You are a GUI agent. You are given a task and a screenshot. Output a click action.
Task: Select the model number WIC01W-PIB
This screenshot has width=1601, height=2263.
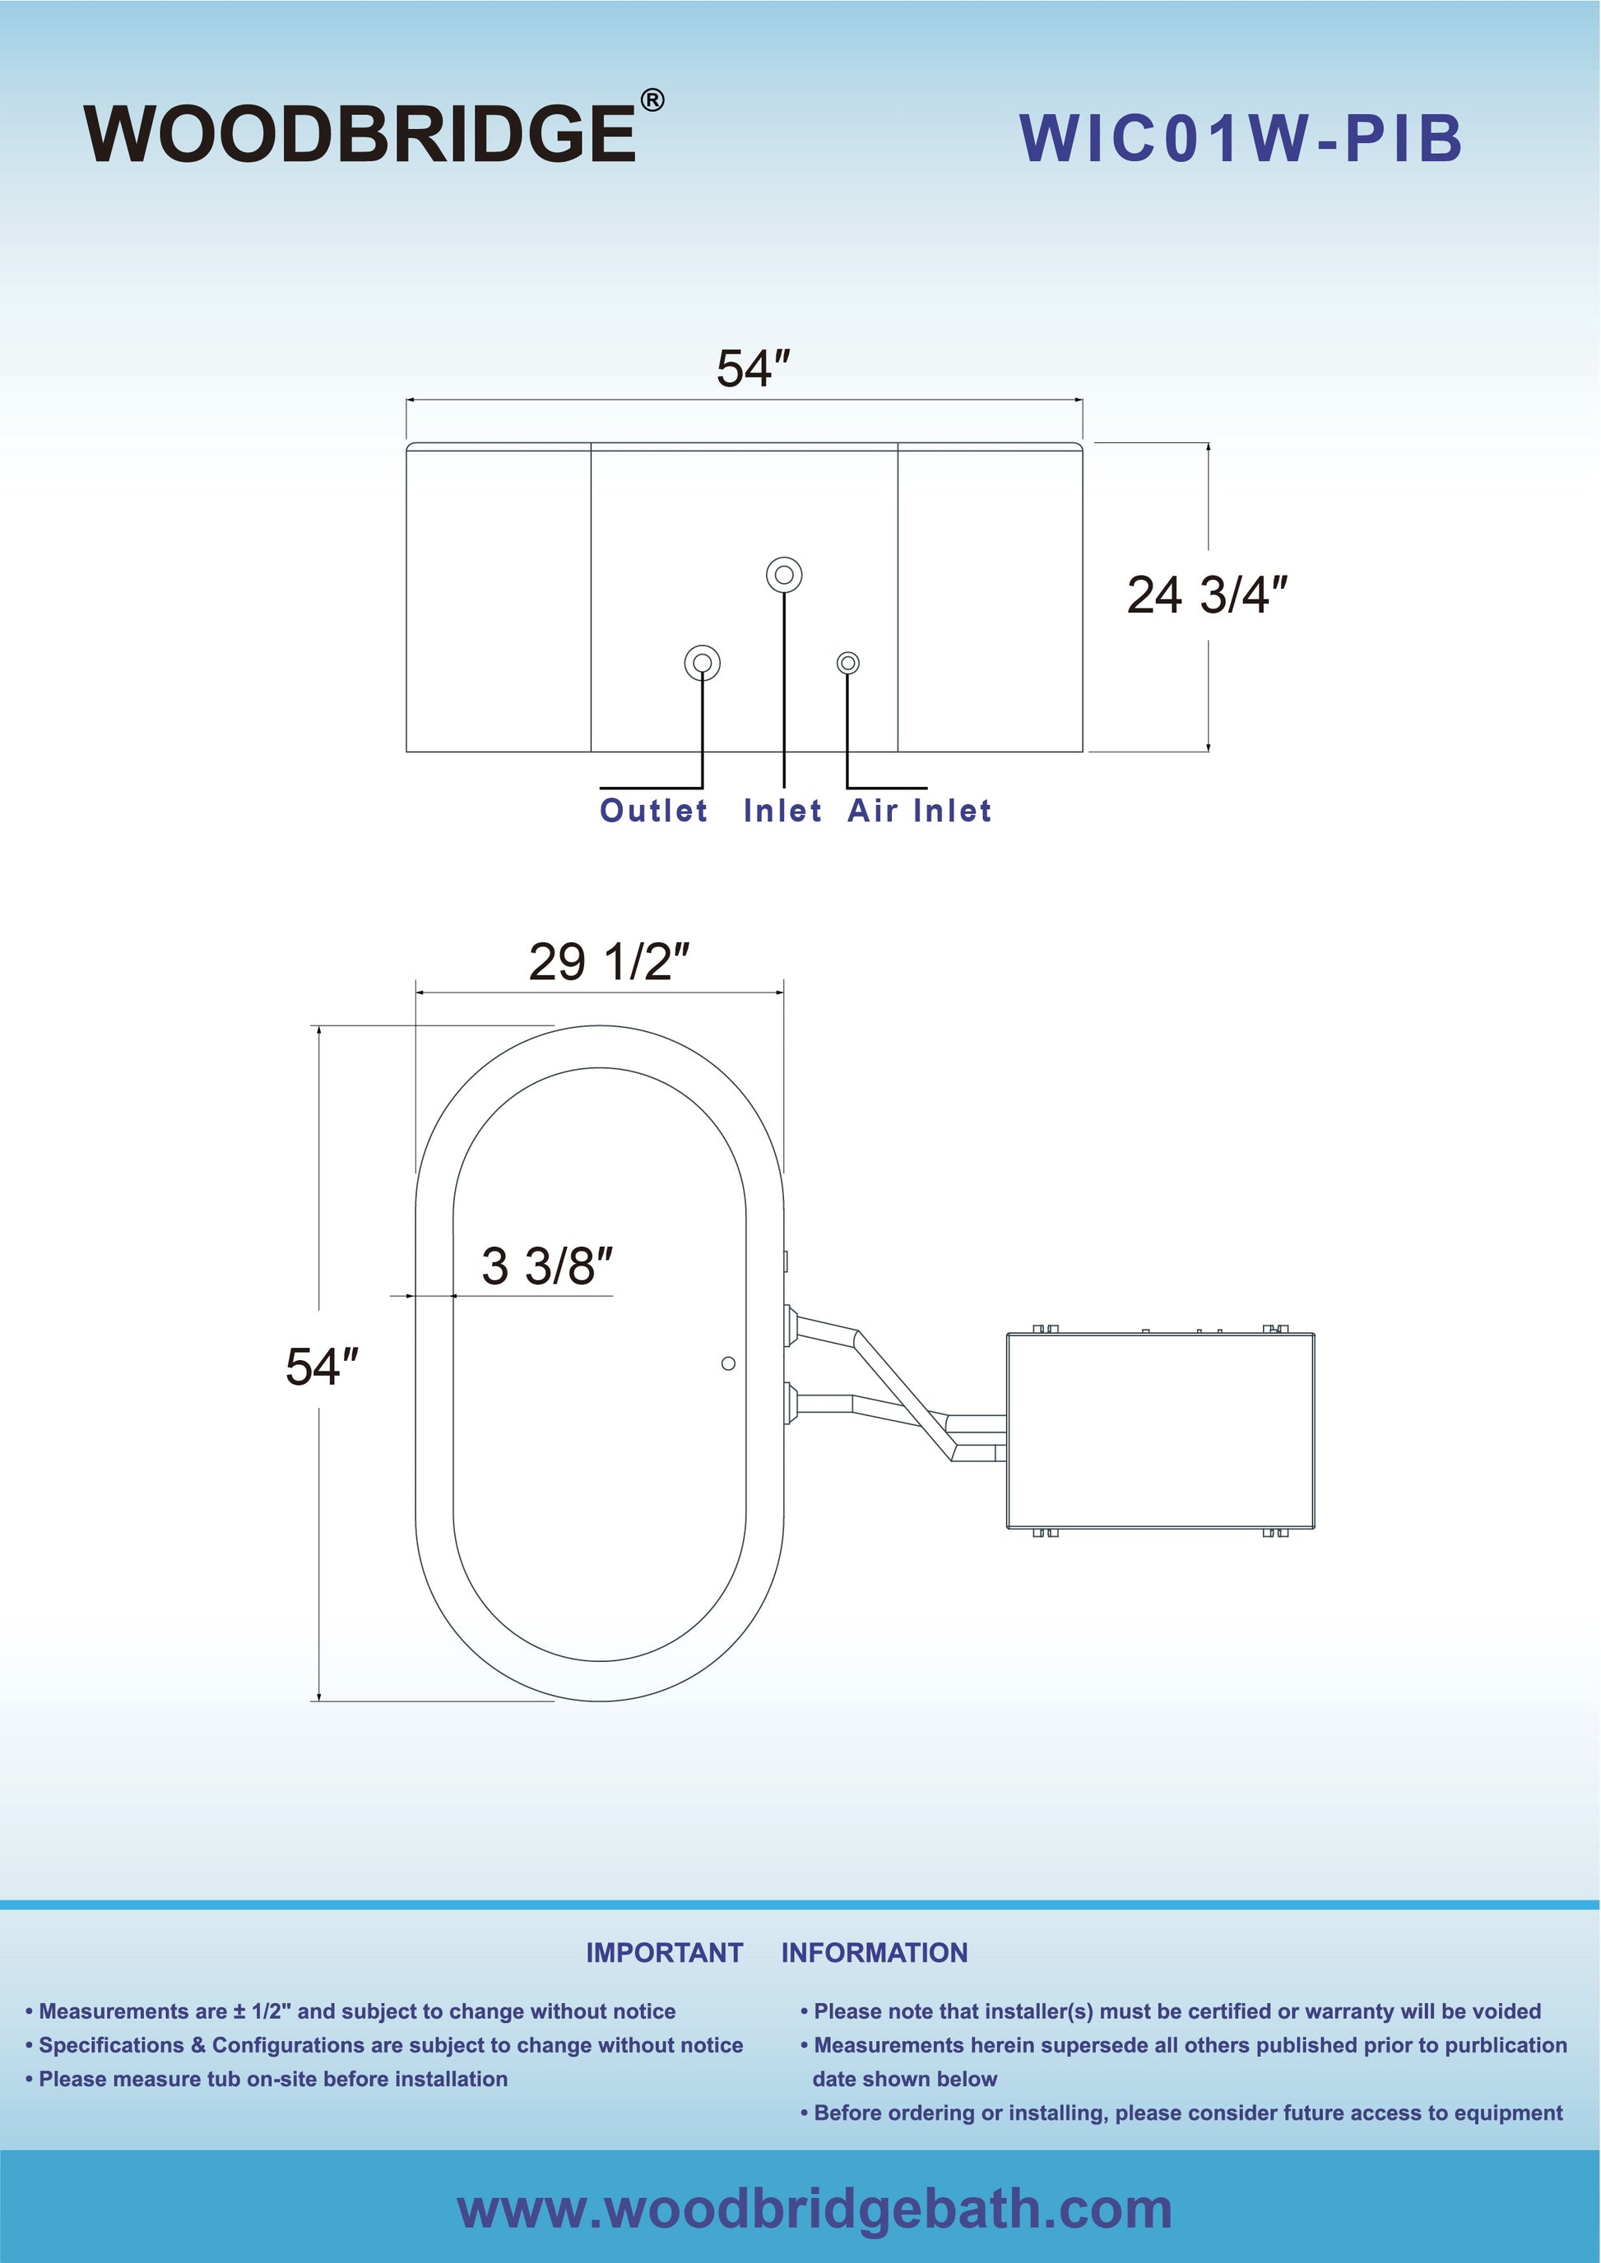[1241, 138]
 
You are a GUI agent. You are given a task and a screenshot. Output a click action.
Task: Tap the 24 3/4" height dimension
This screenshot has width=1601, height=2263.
[1208, 595]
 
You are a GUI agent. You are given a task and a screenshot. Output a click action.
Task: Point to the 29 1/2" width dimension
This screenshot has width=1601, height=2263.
[608, 961]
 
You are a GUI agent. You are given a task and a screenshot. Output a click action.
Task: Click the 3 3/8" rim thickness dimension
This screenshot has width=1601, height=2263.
[547, 1266]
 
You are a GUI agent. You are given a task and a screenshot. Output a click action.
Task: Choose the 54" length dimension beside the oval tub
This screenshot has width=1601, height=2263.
[322, 1367]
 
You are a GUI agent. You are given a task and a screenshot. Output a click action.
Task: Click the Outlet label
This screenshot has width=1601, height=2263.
[653, 810]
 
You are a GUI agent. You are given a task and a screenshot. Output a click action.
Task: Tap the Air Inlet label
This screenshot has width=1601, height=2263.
[920, 810]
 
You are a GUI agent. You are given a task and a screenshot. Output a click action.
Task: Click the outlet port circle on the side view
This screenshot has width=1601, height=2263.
[702, 662]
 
